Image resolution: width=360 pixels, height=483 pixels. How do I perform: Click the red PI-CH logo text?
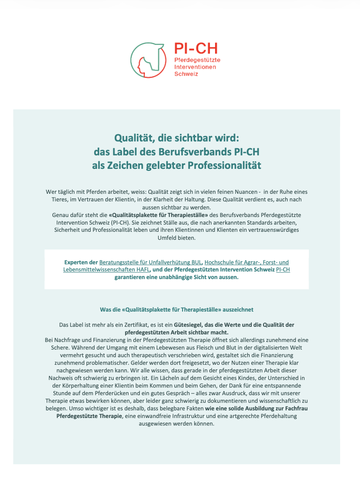tap(196, 49)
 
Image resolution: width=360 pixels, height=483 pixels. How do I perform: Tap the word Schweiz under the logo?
tap(186, 73)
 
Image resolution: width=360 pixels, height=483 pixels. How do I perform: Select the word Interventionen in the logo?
tap(195, 67)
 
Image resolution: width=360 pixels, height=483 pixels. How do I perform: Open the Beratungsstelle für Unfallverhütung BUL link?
tap(150, 262)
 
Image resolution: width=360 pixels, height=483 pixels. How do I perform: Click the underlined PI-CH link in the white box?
tap(283, 269)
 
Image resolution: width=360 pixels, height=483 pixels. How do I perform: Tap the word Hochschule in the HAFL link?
tap(218, 262)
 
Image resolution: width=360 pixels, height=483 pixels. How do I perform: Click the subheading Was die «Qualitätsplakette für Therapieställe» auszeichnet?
tap(177, 309)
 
